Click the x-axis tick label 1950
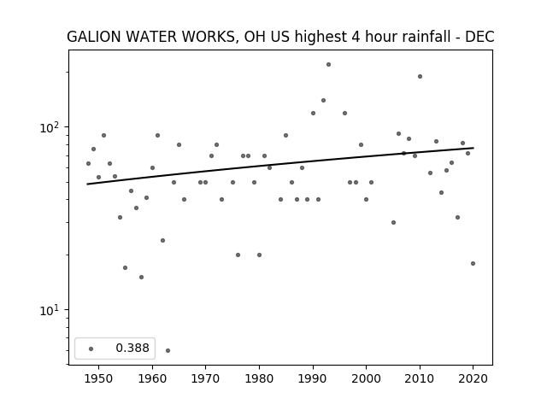99,378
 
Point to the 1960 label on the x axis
152,378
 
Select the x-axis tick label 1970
205,378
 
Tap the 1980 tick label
259,378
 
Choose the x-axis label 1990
313,378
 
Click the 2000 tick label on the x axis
366,378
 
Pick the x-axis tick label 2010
420,378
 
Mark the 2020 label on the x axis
473,378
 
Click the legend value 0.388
132,348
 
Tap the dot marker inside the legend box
91,348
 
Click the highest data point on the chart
328,65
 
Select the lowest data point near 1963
168,350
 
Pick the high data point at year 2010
420,76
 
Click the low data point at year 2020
473,264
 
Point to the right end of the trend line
473,148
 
